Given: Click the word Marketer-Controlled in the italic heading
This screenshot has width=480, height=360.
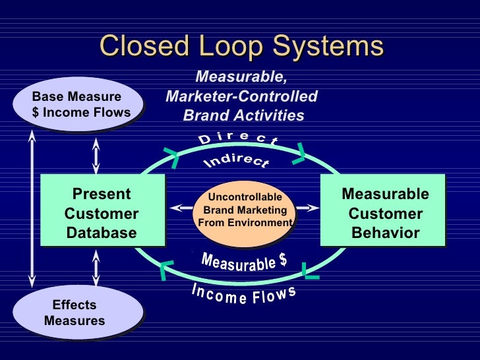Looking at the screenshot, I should pyautogui.click(x=241, y=97).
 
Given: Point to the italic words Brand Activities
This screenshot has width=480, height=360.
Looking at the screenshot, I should pyautogui.click(x=243, y=116).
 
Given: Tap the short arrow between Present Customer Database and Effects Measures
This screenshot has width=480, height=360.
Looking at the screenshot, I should pyautogui.click(x=96, y=270).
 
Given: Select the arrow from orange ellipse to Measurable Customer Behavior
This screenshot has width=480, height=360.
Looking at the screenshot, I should pyautogui.click(x=307, y=208).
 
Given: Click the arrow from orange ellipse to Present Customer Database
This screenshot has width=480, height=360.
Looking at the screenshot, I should pyautogui.click(x=180, y=208).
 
